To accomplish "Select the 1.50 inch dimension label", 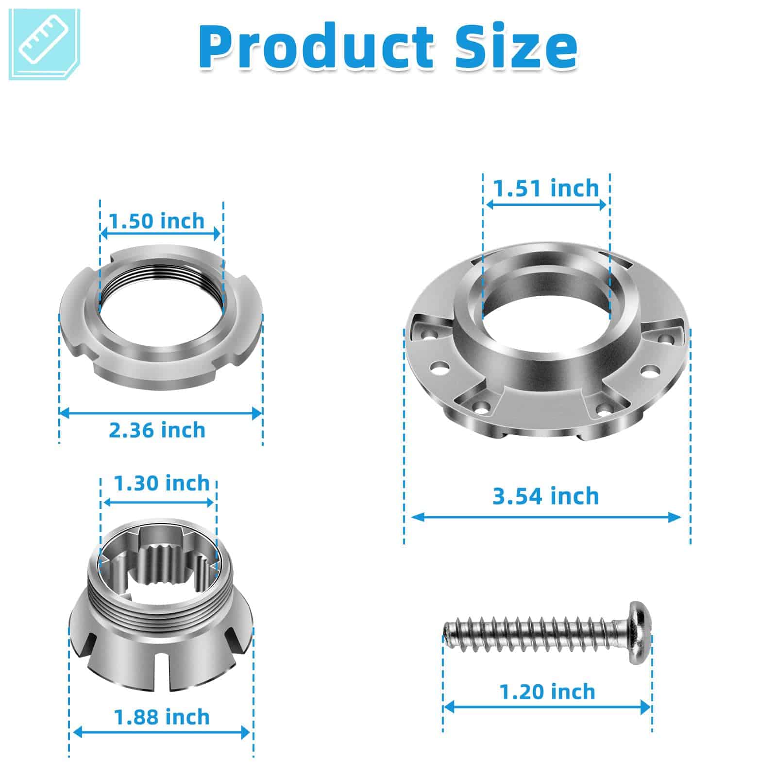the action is pos(157,221).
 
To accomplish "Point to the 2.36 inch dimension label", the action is pos(157,430).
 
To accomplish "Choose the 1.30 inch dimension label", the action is pos(162,483).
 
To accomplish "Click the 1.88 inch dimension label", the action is pos(162,717).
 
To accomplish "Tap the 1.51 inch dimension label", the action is pos(546,188).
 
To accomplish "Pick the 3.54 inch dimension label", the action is pos(546,496).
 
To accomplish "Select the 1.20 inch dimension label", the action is pos(547,692).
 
